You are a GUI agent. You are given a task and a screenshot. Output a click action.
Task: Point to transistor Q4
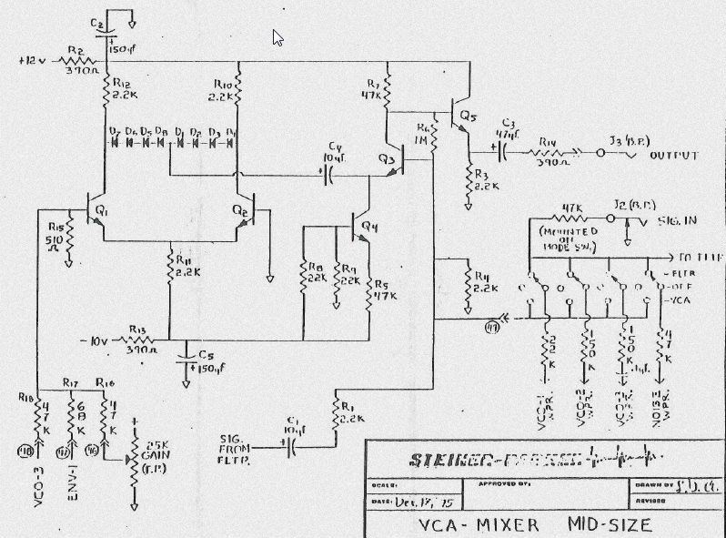point(358,224)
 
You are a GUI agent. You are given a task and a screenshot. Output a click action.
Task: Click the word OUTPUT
point(674,156)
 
